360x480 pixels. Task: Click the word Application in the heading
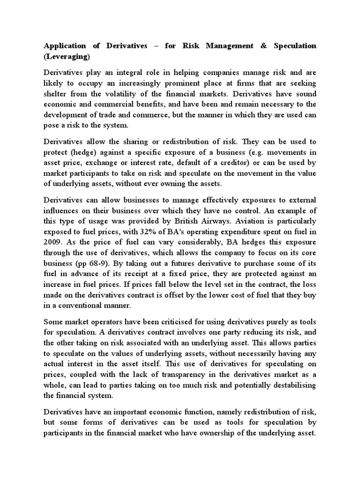click(x=65, y=46)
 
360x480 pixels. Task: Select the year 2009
click(x=53, y=242)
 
